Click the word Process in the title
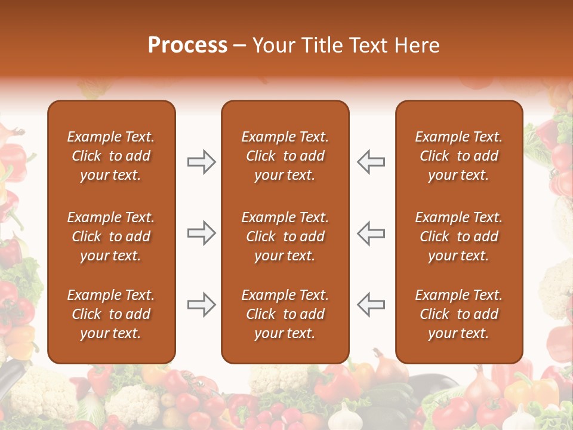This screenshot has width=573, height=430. click(x=187, y=45)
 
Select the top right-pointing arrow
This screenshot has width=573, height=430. click(x=202, y=162)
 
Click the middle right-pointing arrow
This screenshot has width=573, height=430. click(x=202, y=233)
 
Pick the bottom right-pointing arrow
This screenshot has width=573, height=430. click(x=202, y=305)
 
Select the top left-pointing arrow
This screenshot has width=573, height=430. click(x=371, y=162)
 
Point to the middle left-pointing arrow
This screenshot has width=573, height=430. click(x=371, y=233)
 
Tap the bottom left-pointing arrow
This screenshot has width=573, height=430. click(x=371, y=305)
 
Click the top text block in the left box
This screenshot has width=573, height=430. click(x=111, y=156)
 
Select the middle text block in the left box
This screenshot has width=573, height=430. click(x=111, y=236)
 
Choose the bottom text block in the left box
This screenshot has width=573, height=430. click(x=111, y=314)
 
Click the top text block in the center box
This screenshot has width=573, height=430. click(x=285, y=156)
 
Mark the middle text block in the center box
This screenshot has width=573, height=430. click(x=285, y=236)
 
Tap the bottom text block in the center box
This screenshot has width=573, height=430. click(x=285, y=314)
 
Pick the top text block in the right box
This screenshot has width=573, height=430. click(x=458, y=156)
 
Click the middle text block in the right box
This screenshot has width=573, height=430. click(x=458, y=236)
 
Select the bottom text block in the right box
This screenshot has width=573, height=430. click(x=458, y=314)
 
